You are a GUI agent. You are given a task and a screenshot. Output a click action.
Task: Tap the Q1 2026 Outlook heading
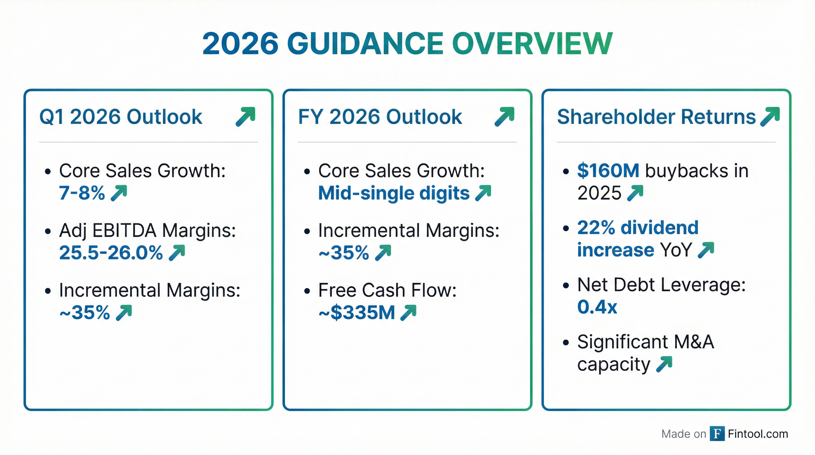(x=121, y=117)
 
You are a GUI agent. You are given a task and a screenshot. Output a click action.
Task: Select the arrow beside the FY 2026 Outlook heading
(x=504, y=117)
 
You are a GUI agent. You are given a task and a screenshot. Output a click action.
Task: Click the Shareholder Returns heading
(x=656, y=117)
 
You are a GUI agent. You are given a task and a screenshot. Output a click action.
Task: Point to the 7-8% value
(x=82, y=193)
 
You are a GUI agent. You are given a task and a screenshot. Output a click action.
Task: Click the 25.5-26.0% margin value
(x=111, y=252)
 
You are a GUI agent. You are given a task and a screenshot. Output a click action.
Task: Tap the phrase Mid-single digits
(x=394, y=193)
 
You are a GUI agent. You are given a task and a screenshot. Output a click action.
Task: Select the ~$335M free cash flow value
(x=357, y=313)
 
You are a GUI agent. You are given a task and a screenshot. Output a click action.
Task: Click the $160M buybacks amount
(x=608, y=171)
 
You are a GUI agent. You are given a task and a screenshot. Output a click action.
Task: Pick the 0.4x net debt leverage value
(x=597, y=307)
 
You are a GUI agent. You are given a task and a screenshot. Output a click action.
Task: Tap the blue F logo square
(x=717, y=433)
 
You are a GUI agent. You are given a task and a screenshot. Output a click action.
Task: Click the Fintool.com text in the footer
(x=758, y=434)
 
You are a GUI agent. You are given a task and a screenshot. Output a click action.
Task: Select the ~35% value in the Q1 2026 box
(x=85, y=313)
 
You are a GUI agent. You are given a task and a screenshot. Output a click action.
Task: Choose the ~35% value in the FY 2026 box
(x=344, y=252)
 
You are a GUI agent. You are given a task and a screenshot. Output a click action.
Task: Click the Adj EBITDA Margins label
(x=147, y=230)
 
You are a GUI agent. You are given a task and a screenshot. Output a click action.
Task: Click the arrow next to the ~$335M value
(x=408, y=313)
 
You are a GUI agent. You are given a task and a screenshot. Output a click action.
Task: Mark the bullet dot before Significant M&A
(x=566, y=342)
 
